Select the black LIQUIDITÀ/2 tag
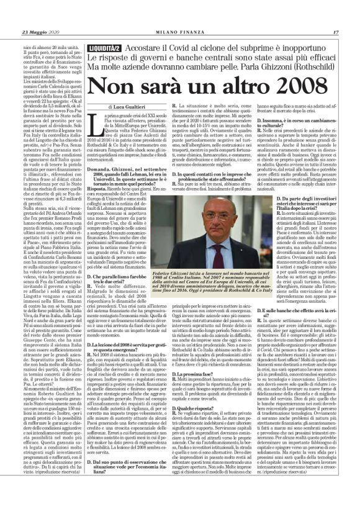tap(104, 29)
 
